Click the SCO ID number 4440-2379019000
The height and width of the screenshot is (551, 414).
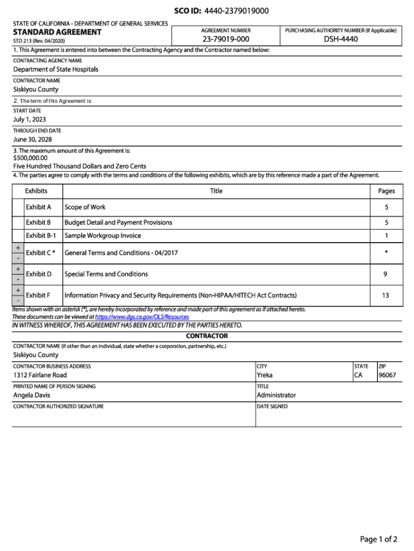(237, 11)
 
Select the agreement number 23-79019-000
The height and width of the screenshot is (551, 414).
(226, 40)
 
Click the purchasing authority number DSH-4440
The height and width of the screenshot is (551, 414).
(340, 40)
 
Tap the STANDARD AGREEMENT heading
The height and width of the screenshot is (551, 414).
(57, 32)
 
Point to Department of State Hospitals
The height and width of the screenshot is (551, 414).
(56, 69)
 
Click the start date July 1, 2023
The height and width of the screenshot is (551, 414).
(30, 119)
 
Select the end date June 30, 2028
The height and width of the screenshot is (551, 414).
(32, 140)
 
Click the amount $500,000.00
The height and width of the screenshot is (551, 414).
(30, 158)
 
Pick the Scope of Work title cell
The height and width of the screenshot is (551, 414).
(85, 207)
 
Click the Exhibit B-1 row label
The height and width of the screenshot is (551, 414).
(41, 236)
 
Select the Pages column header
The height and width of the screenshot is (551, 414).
(386, 191)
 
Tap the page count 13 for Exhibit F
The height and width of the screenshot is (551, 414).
(386, 295)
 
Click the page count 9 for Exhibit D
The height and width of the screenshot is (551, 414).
(386, 274)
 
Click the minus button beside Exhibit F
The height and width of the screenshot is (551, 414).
(18, 301)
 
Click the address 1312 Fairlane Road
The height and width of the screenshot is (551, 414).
(40, 375)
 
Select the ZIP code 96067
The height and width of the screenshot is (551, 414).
(387, 375)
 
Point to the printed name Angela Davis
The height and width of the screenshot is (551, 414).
(32, 395)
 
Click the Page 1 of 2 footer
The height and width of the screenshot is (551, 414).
(379, 539)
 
